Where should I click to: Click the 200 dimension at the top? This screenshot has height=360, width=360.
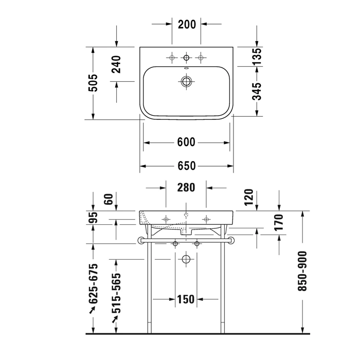[x=187, y=24]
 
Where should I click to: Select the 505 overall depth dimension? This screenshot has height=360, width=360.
[x=93, y=83]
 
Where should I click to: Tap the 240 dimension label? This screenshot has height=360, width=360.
[x=116, y=64]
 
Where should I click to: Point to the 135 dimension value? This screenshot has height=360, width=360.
[x=257, y=56]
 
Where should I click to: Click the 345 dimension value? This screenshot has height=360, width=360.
[x=257, y=92]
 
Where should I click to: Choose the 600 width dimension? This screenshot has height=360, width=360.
[x=186, y=142]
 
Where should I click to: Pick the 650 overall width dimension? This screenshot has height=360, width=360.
[x=186, y=166]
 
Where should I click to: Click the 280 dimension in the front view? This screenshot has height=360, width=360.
[x=186, y=188]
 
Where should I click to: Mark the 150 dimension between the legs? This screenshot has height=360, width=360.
[x=186, y=299]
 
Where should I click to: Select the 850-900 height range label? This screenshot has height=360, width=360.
[x=302, y=272]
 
